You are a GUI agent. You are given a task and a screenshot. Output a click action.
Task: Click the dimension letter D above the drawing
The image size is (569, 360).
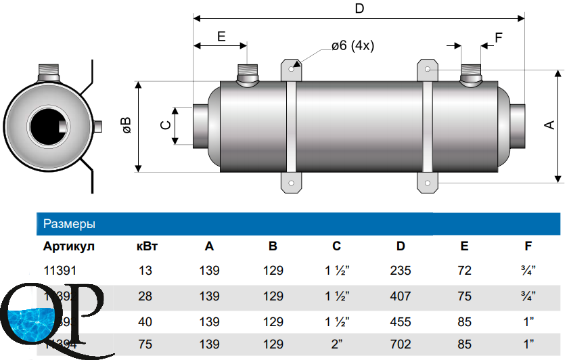(x=359, y=9)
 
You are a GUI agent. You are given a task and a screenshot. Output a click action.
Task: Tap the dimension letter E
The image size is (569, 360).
(x=221, y=37)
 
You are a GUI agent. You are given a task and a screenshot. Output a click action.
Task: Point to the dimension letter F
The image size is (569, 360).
(x=499, y=38)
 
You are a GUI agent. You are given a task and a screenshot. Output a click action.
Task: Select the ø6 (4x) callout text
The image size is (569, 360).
(x=352, y=46)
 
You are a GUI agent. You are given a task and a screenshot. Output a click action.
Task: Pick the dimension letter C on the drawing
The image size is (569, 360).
(x=164, y=125)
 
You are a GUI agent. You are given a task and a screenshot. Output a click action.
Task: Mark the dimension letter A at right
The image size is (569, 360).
(x=549, y=125)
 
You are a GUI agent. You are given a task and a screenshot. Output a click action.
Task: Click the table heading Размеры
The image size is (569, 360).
(x=69, y=223)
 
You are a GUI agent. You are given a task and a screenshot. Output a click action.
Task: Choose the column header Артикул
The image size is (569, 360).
(x=69, y=246)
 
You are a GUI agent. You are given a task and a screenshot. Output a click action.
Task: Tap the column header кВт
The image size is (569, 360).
(x=147, y=246)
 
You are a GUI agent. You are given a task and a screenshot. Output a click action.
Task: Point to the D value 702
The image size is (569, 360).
(x=401, y=344)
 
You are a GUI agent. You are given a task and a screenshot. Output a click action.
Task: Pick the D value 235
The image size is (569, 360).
(x=401, y=271)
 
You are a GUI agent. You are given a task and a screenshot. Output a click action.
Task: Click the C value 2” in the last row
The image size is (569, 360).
(x=336, y=344)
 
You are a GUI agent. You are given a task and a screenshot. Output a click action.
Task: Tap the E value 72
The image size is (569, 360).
(x=464, y=271)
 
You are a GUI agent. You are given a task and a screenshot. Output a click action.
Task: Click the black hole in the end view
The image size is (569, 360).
(x=47, y=126)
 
